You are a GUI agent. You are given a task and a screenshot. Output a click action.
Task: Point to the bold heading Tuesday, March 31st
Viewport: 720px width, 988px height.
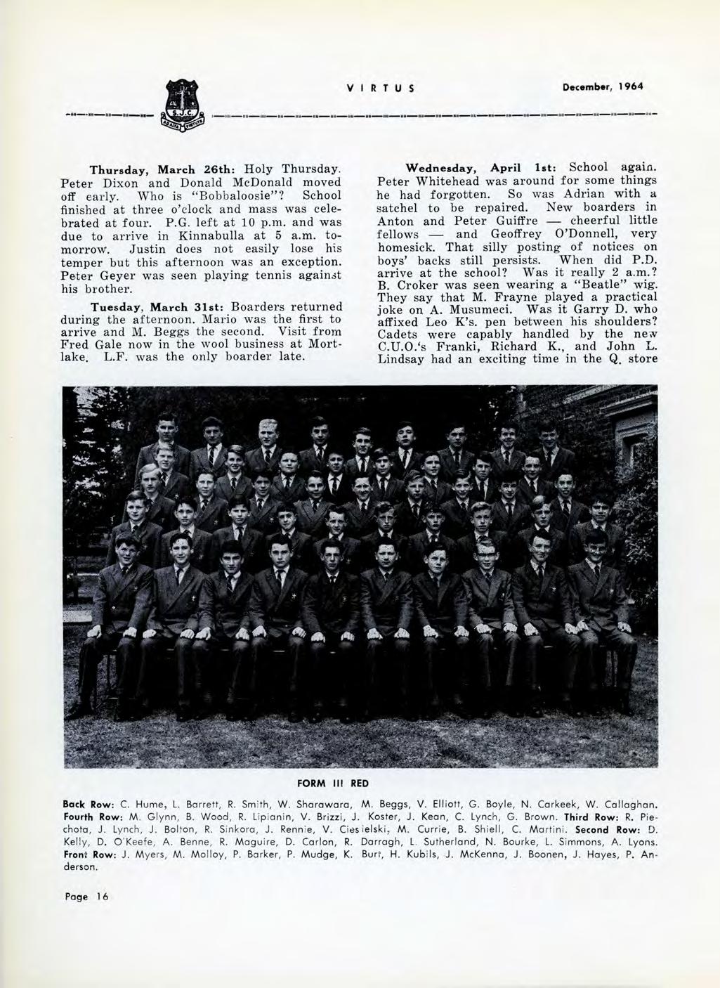tap(146, 307)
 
